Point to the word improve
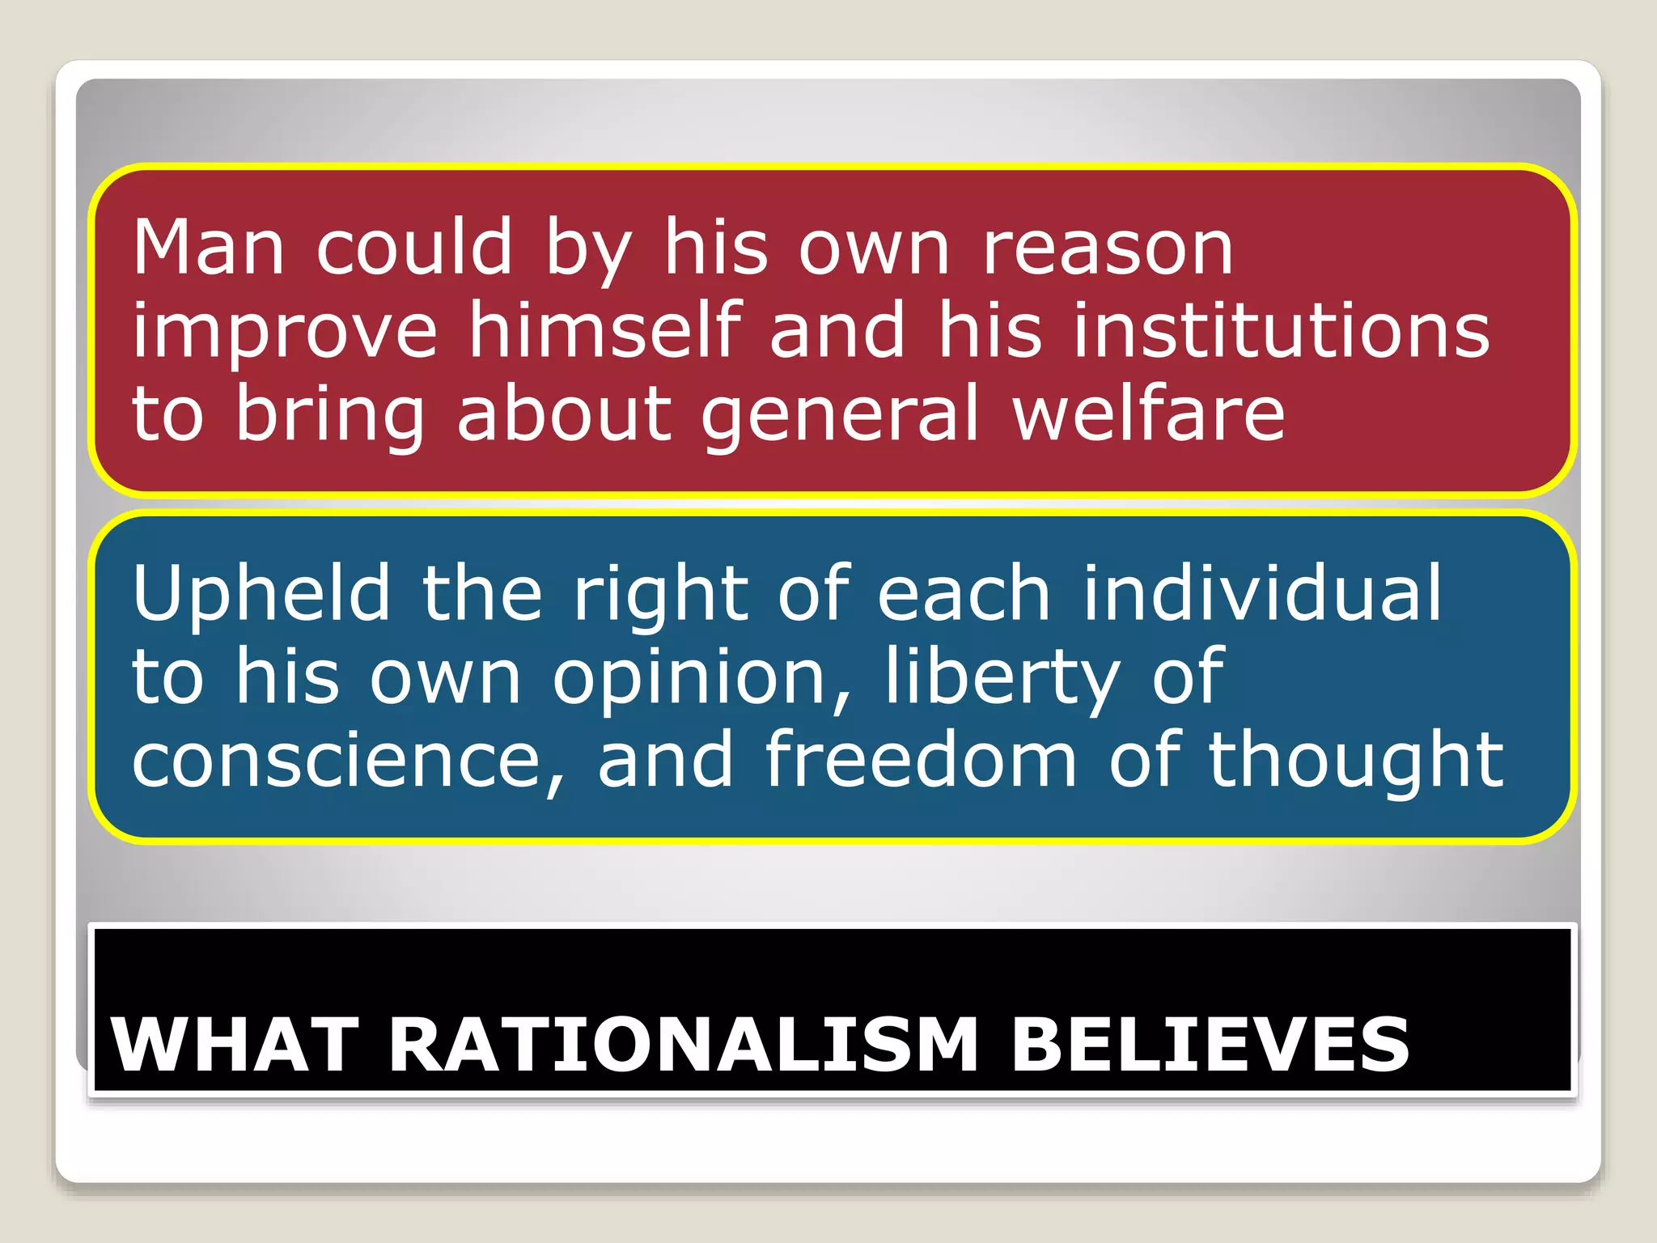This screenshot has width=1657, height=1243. [x=285, y=332]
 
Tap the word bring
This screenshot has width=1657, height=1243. [x=330, y=414]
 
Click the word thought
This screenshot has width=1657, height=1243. [x=1356, y=761]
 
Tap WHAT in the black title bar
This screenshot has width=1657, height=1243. [x=235, y=1045]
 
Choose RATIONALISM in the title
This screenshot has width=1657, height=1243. [x=684, y=1045]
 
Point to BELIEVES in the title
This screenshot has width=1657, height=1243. [x=1210, y=1045]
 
